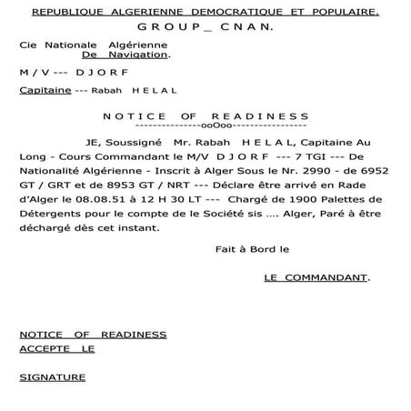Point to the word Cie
tap(28, 44)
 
